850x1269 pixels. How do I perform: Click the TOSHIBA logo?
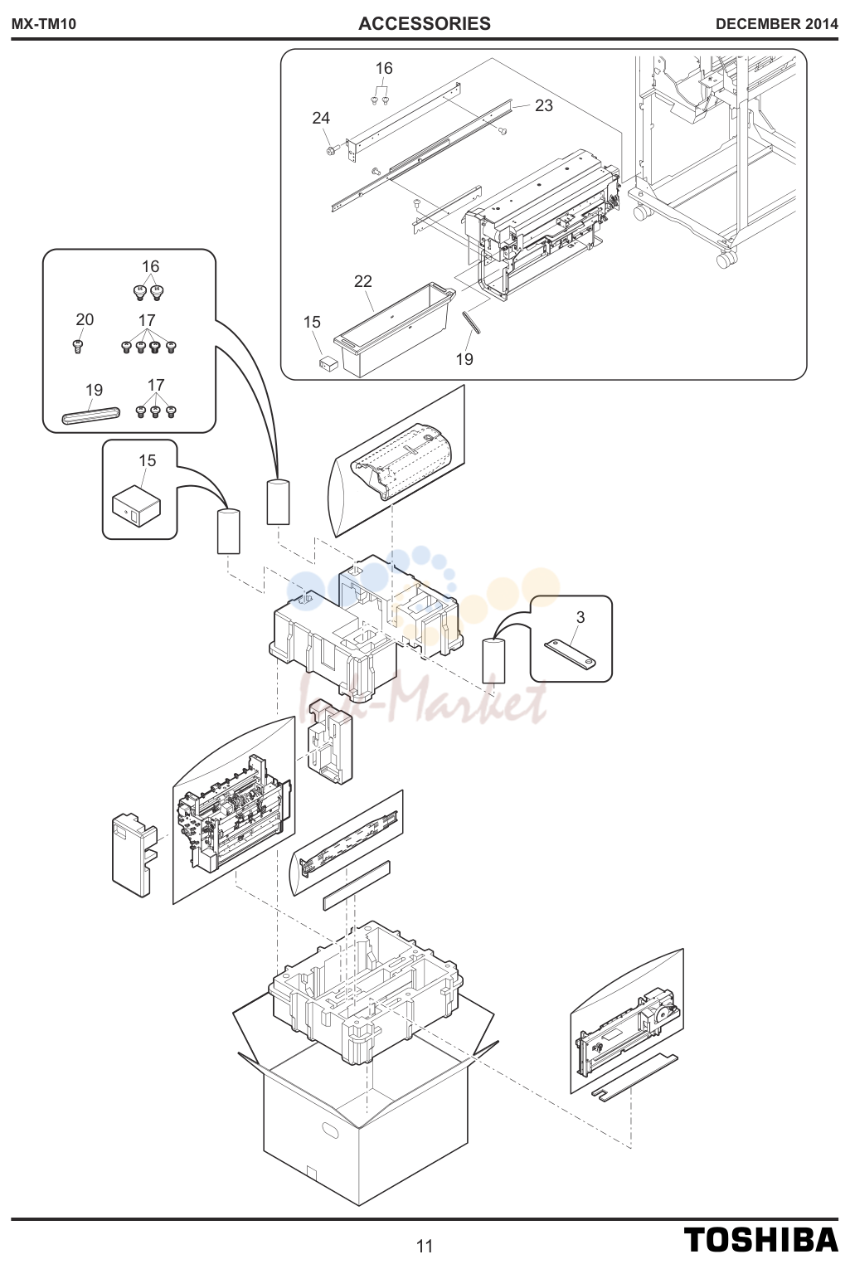tap(760, 1239)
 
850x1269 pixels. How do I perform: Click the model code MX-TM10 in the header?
tap(44, 24)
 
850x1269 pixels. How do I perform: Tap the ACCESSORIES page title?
tap(425, 23)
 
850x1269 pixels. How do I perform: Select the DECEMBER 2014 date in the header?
tap(776, 24)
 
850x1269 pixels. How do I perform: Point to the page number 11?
tap(425, 1247)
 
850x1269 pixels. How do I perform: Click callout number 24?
tap(321, 118)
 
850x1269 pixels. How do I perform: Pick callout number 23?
tap(544, 105)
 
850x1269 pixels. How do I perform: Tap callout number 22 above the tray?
tap(363, 281)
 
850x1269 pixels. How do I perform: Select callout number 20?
tap(85, 319)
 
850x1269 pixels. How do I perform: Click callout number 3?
tap(580, 617)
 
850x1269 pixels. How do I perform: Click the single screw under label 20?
tap(78, 346)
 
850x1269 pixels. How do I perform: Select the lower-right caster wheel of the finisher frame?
tap(726, 260)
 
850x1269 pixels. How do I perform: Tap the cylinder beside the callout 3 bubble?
tap(493, 660)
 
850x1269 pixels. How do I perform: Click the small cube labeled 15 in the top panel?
tap(328, 363)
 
